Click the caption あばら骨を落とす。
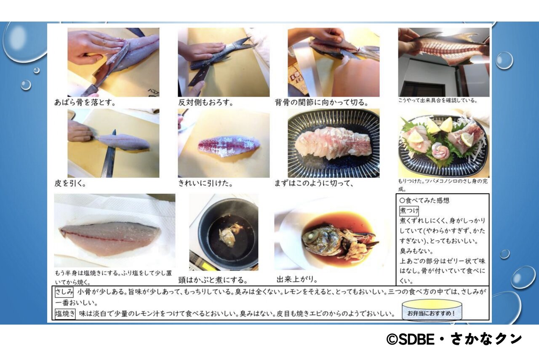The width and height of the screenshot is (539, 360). [85, 102]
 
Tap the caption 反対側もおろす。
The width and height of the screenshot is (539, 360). [206, 102]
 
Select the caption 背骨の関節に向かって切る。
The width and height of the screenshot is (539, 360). [321, 102]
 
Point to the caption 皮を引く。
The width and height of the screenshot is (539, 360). [70, 184]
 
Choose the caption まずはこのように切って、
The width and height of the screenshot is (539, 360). [314, 184]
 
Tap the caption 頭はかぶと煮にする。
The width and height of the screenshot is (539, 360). [213, 280]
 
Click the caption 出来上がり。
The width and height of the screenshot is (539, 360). [297, 280]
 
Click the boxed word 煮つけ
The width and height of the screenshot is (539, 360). [409, 211]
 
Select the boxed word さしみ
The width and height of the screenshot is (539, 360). [64, 292]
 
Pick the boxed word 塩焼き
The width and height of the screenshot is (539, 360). [65, 314]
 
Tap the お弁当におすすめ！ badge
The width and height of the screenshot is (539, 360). [432, 311]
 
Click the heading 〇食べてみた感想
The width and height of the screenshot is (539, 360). [424, 200]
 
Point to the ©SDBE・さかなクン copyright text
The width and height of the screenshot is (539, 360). [454, 339]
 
